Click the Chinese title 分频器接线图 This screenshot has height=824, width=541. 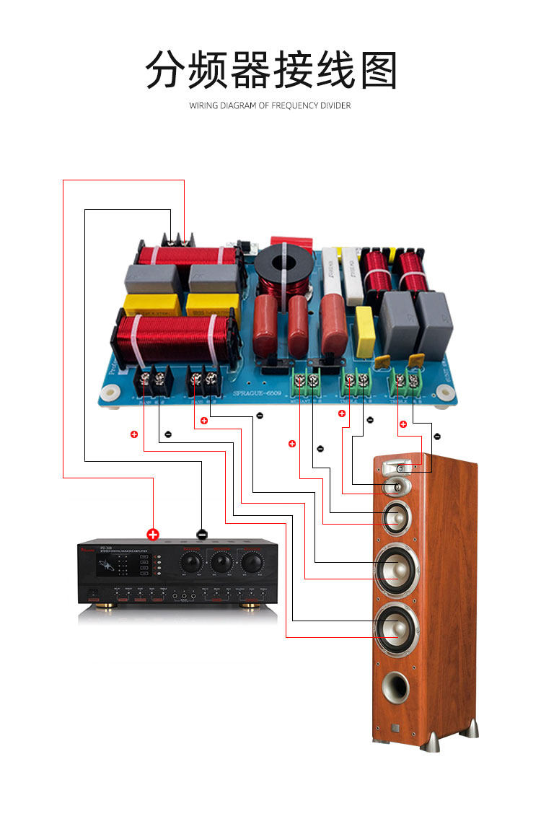[270, 70]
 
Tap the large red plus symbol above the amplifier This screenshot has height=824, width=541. [153, 534]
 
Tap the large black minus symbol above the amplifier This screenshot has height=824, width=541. [201, 534]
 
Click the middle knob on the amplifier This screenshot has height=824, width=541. [221, 562]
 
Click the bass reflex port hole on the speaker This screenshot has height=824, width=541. [395, 688]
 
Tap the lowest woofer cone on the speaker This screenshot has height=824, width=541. [395, 625]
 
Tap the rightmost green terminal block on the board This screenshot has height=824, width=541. [405, 381]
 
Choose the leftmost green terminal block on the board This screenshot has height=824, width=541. [307, 378]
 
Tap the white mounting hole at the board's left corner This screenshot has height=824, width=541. [110, 393]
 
